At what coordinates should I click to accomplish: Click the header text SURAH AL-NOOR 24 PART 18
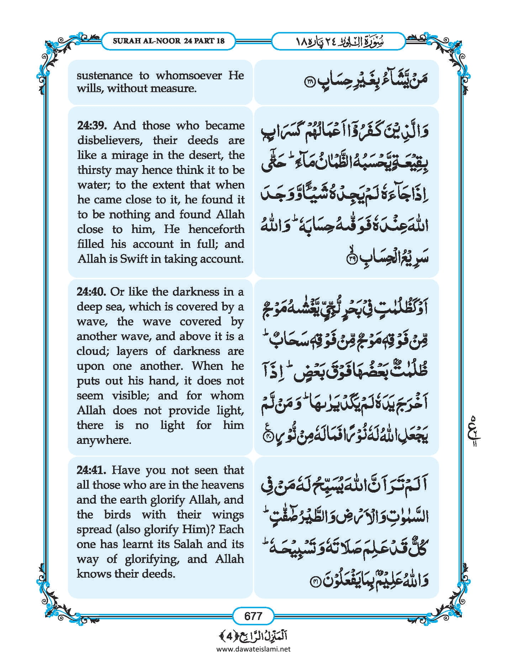coord(169,41)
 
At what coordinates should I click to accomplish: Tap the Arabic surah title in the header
coord(338,41)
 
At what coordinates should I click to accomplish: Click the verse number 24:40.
coord(91,292)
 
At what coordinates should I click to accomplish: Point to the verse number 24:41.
coord(91,470)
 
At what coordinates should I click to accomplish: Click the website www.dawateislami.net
coord(253,649)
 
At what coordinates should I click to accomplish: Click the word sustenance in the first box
coord(105,75)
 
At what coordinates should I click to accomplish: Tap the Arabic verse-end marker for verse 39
coord(351,259)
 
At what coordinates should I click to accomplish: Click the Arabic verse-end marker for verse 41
coord(316,582)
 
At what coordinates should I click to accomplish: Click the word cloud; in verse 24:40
coord(91,351)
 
